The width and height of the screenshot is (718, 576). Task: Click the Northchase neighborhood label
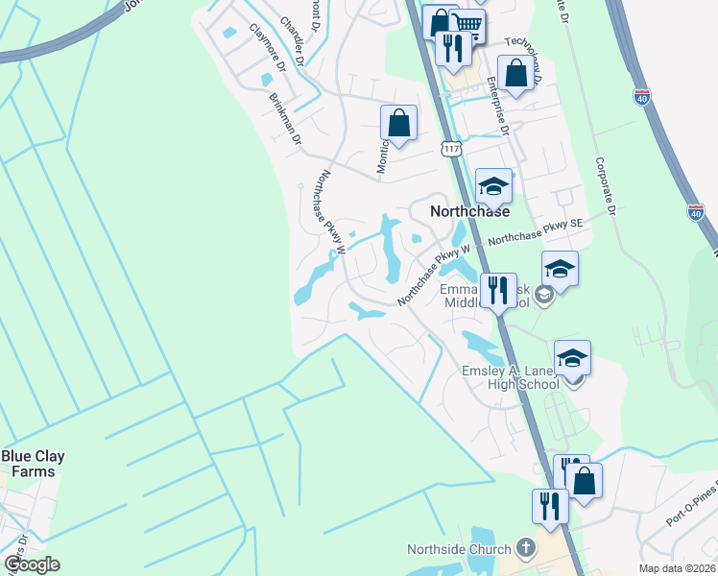[x=468, y=211]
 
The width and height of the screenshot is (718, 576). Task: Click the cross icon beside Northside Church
[x=525, y=548]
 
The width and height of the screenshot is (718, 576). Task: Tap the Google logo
[x=33, y=564]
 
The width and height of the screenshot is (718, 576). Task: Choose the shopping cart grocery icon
[x=467, y=23]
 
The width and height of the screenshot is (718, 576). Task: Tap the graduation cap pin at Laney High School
[x=573, y=359]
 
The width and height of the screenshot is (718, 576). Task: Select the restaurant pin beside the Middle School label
[x=498, y=290]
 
